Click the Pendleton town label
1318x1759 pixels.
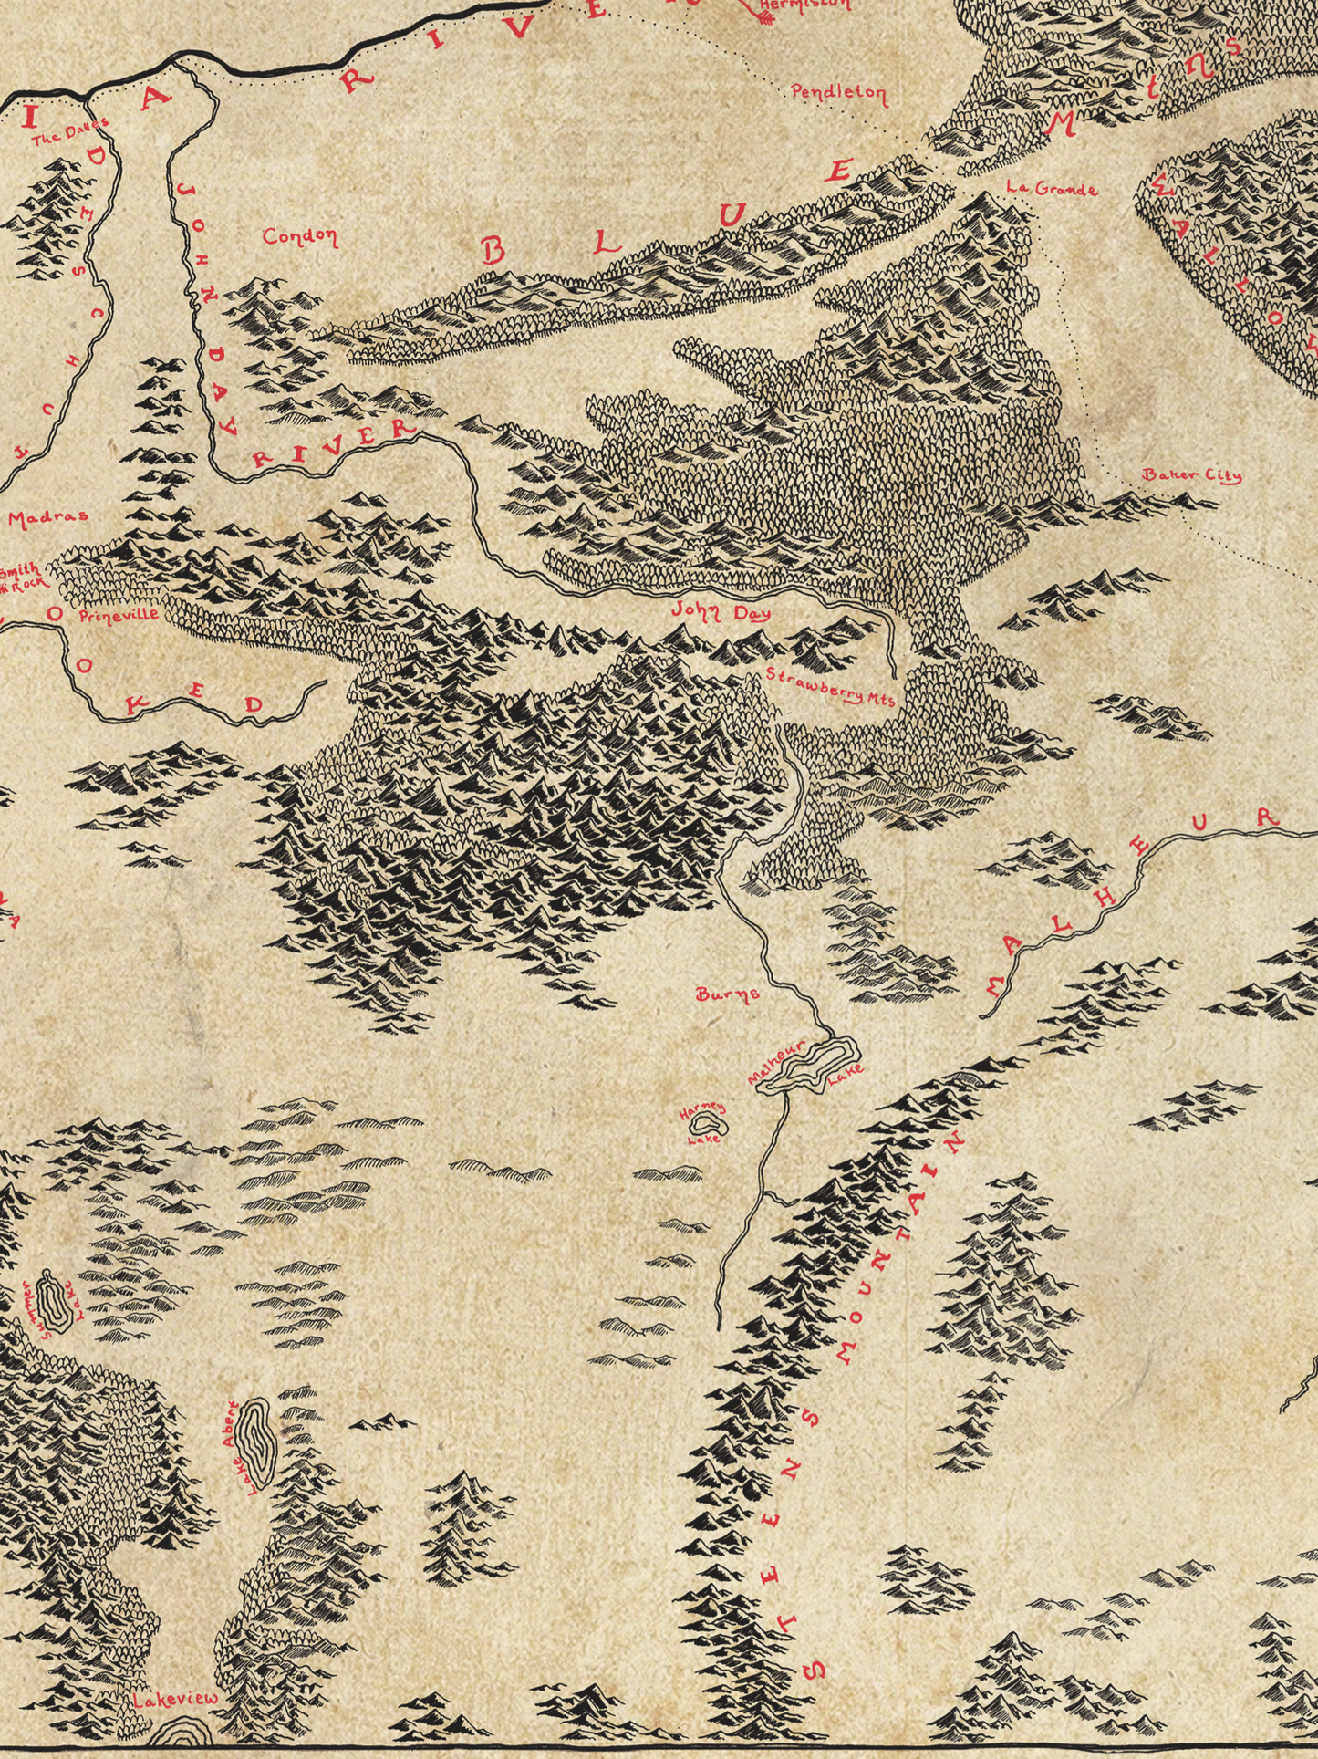click(838, 92)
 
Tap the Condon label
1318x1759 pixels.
click(300, 236)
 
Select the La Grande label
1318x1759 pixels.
click(1051, 189)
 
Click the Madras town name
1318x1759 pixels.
click(48, 516)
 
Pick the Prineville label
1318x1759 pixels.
click(119, 615)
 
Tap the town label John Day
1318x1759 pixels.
click(721, 612)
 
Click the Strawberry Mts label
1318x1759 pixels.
click(830, 686)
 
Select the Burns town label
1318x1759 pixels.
click(727, 994)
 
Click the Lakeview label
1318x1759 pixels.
click(175, 1699)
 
